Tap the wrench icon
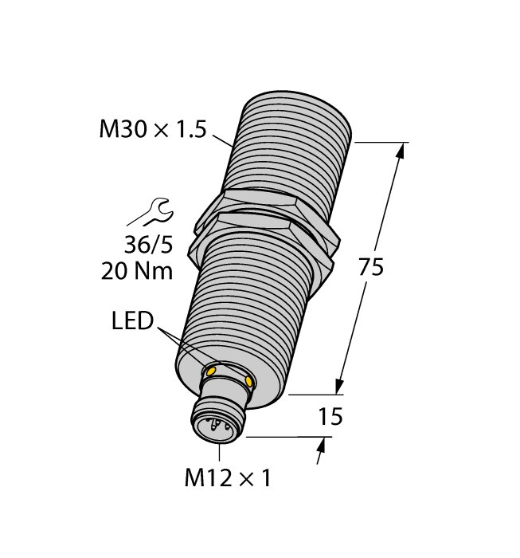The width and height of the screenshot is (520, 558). click(x=150, y=214)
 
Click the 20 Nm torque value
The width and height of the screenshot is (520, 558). click(x=137, y=271)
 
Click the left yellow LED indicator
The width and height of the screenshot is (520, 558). click(x=211, y=371)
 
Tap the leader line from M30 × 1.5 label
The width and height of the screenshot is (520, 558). click(x=222, y=139)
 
